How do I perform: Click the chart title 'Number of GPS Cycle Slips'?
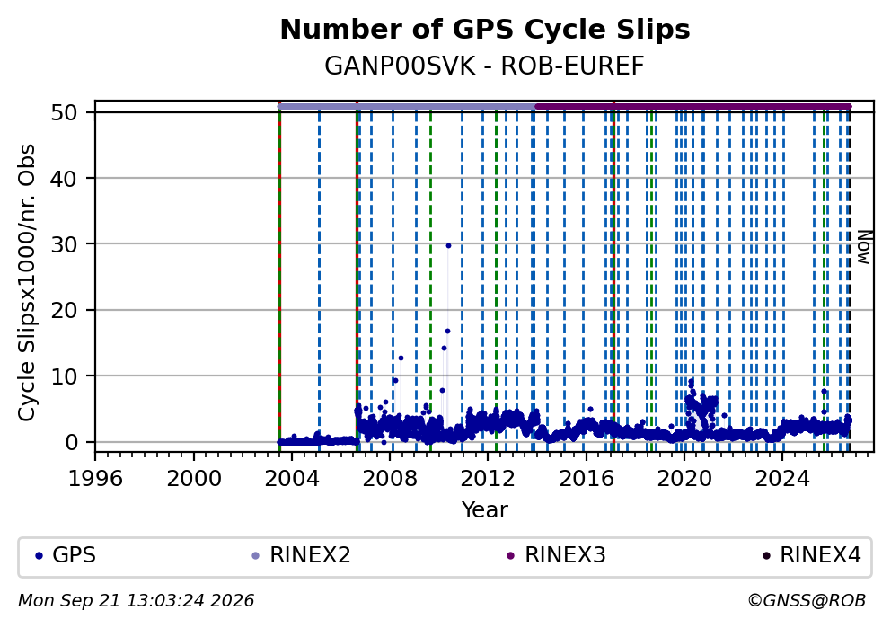[x=485, y=30]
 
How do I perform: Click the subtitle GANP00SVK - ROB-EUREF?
[x=485, y=66]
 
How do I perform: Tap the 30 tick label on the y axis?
[x=64, y=243]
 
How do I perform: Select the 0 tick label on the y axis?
[x=72, y=442]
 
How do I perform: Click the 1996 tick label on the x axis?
[x=95, y=479]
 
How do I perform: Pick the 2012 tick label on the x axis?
[x=488, y=479]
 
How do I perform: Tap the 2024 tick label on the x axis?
[x=782, y=479]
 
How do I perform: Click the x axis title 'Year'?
[x=485, y=509]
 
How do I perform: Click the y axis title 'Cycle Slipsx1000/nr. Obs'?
[x=27, y=282]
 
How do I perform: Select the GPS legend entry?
[x=66, y=555]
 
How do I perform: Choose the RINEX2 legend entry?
[x=302, y=555]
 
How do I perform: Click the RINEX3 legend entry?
[x=557, y=555]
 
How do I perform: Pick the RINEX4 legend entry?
[x=812, y=555]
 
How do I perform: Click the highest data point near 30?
[x=448, y=245]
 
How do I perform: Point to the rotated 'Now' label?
[x=864, y=247]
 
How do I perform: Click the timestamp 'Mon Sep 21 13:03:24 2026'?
[x=137, y=601]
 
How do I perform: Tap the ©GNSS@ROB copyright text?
[x=807, y=601]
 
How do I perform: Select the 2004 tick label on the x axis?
[x=291, y=479]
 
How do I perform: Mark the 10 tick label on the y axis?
[x=64, y=376]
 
